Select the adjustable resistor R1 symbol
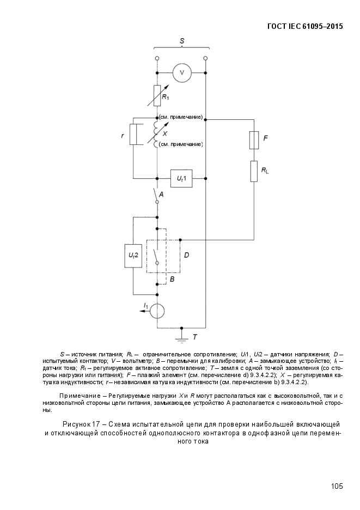click(157, 95)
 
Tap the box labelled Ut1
click(181, 178)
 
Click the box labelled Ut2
click(133, 256)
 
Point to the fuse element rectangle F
click(254, 139)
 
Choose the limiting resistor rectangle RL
click(254, 171)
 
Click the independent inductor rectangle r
click(133, 134)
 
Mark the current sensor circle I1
click(157, 311)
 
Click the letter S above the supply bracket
click(182, 40)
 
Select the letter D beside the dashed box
click(186, 254)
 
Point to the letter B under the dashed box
click(172, 278)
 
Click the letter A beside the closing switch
click(162, 193)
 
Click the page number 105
click(336, 486)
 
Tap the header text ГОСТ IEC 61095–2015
click(306, 26)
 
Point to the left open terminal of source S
click(157, 57)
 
